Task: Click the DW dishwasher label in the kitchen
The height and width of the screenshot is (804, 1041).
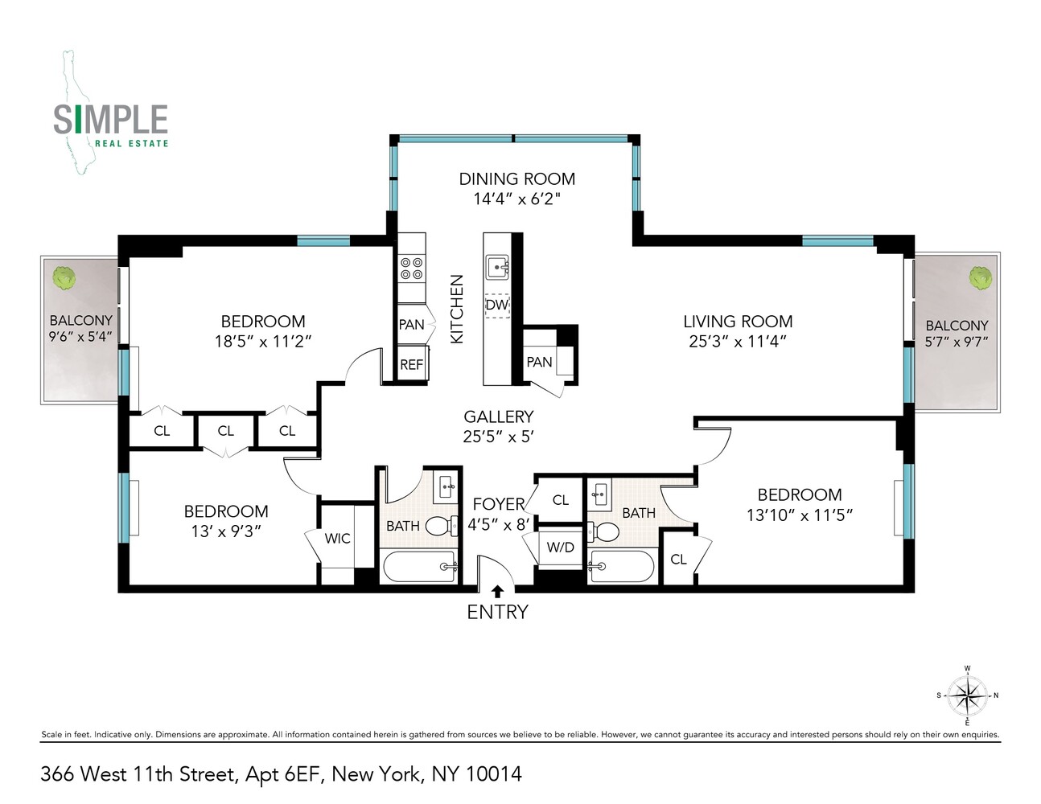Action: coord(497,306)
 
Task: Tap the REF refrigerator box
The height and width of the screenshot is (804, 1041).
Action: coord(411,364)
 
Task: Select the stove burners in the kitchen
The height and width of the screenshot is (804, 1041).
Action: coord(411,269)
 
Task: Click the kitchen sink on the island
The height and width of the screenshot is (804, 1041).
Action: coord(497,266)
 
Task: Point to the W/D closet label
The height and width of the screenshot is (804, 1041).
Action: coord(560,548)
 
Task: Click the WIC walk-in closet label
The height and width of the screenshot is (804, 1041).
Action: coord(337,538)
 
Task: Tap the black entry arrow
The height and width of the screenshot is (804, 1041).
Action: coord(497,592)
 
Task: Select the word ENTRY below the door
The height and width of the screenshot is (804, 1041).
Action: coord(497,612)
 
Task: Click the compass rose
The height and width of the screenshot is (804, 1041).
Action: coord(967,695)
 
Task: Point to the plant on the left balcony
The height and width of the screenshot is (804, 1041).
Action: coord(64,278)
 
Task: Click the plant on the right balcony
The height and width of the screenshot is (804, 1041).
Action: coord(980,278)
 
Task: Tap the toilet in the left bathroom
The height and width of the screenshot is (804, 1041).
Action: coord(440,527)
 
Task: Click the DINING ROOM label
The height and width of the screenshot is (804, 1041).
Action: coord(516,179)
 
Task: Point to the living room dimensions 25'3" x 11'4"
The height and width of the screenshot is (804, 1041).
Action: coord(737,341)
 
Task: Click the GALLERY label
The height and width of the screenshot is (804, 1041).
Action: coord(498,416)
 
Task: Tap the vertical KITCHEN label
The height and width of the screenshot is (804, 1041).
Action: coord(457,310)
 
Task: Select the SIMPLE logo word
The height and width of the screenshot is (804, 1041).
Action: coord(110,120)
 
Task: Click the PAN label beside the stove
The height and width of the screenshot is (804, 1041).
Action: coord(411,325)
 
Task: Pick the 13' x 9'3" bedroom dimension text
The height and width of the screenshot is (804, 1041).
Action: coord(225,531)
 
